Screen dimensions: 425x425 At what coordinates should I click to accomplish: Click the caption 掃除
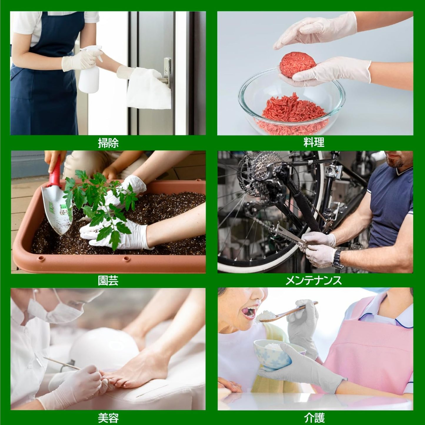(x=108, y=143)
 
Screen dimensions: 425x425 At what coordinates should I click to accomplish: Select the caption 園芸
(x=108, y=281)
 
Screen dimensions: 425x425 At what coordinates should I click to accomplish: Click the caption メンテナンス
(x=314, y=281)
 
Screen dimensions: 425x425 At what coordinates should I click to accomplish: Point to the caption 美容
(x=108, y=417)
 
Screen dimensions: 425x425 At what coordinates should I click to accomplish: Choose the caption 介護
(x=314, y=417)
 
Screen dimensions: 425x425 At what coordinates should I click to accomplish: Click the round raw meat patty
(x=298, y=65)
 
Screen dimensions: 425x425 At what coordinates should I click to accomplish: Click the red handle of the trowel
(x=55, y=170)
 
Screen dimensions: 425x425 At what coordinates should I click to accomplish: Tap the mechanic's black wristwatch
(x=338, y=259)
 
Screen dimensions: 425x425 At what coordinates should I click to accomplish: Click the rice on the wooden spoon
(x=268, y=315)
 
